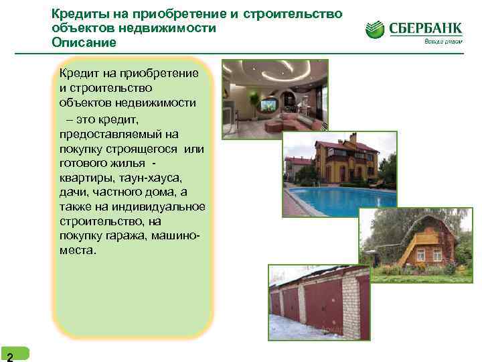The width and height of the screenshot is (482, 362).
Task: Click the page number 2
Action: pyautogui.click(x=9, y=356)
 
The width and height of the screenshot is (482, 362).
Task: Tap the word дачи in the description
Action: pyautogui.click(x=73, y=192)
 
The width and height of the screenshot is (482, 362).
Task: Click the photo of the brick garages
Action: pyautogui.click(x=318, y=301)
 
